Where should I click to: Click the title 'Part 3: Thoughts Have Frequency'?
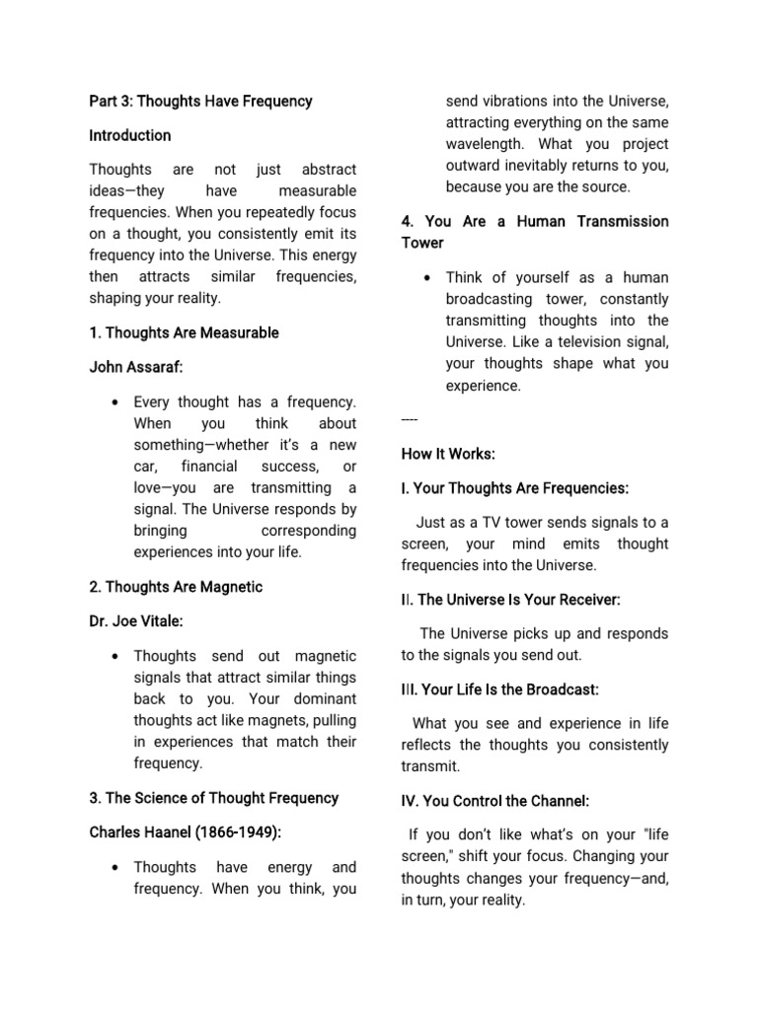200,101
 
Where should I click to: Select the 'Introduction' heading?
130,135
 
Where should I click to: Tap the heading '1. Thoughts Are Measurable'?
184,332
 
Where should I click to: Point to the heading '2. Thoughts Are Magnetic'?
176,587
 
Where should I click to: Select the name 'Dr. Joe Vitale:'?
138,621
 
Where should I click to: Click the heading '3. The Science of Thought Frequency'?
213,798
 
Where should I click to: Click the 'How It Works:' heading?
448,454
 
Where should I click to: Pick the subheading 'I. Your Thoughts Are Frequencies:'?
514,488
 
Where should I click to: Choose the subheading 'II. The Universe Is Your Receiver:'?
510,599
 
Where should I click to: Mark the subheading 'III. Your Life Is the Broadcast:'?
499,688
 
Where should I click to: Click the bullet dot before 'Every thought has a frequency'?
116,402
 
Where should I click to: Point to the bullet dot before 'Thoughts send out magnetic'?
116,657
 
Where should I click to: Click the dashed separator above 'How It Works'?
410,420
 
